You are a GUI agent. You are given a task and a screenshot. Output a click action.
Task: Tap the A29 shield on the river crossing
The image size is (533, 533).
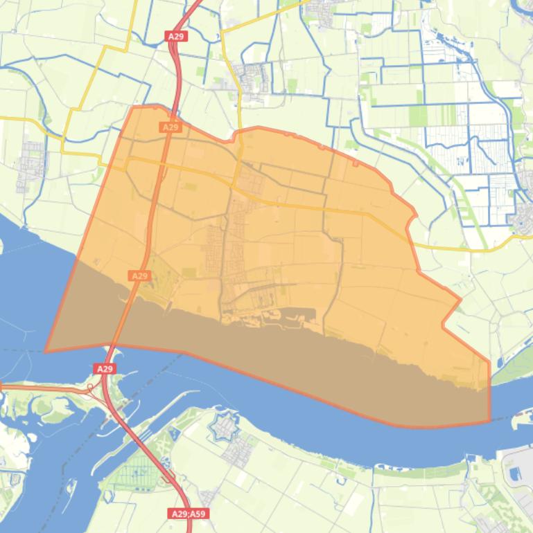105,369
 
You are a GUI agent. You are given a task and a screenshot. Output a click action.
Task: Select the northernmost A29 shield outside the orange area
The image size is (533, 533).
175,36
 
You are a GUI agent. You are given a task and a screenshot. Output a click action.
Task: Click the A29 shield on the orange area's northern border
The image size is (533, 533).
171,127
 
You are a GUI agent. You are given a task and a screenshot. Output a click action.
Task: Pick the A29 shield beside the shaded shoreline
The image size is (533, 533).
139,275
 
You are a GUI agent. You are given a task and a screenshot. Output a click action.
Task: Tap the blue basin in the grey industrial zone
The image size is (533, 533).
515,473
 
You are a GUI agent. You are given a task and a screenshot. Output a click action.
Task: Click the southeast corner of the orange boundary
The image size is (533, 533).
489,420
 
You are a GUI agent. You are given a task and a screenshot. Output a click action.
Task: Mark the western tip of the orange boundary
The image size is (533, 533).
46,351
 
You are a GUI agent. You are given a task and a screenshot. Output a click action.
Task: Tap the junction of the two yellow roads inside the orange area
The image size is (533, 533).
240,181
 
